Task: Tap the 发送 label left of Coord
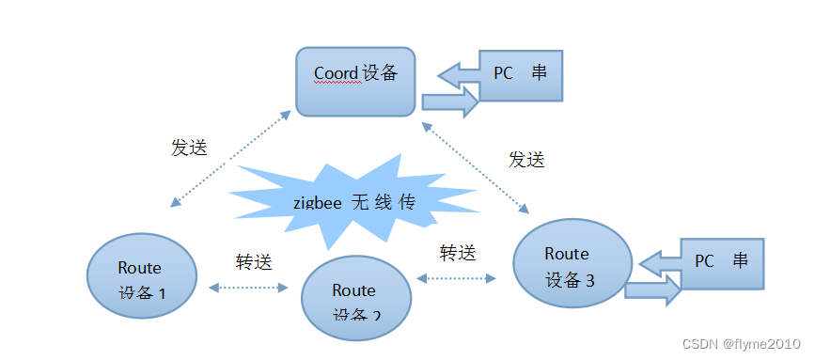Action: point(188,148)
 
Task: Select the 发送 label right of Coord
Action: point(526,159)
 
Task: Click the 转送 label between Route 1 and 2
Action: point(253,262)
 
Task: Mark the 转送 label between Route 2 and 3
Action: point(458,252)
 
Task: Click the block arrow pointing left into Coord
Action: point(458,73)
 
